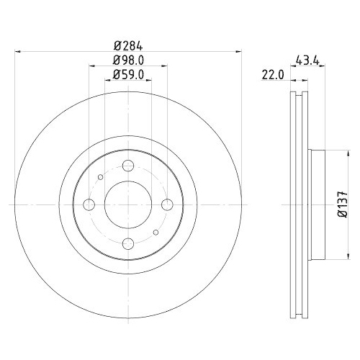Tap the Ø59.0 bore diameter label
coord(127,73)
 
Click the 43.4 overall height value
coord(307,60)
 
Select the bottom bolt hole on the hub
coord(127,243)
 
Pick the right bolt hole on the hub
coord(166,204)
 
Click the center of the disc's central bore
coord(127,204)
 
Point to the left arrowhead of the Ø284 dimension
coord(17,52)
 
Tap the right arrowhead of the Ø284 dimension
coord(237,52)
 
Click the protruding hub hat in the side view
coord(317,204)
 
